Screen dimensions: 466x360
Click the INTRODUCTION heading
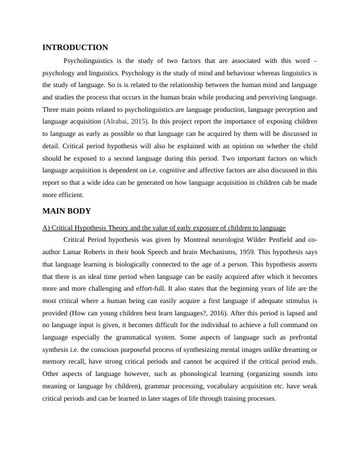(x=75, y=48)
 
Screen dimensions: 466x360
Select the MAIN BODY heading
(x=66, y=211)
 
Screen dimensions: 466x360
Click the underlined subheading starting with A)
(x=164, y=227)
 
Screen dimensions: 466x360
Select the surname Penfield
(x=278, y=240)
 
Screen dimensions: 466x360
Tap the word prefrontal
(x=299, y=351)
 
